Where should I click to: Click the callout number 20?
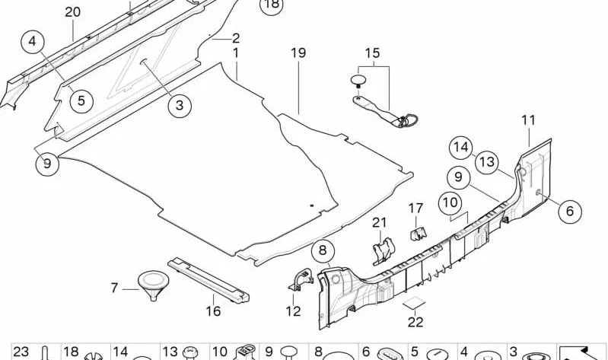click(x=72, y=12)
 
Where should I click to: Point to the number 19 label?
click(x=298, y=53)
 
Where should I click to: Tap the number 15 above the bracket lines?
click(x=373, y=53)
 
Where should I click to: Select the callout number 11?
click(x=528, y=120)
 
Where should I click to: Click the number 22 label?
click(x=415, y=322)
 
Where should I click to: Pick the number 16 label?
click(x=213, y=311)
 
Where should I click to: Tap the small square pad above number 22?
click(x=413, y=304)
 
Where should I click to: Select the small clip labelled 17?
click(x=418, y=233)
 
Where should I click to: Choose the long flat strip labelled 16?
click(x=209, y=279)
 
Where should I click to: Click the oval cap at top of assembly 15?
click(x=358, y=81)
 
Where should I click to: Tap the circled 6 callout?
click(x=570, y=211)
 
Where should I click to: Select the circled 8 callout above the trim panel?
click(x=323, y=250)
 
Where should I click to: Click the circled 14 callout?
click(x=461, y=148)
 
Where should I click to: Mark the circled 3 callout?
click(x=179, y=105)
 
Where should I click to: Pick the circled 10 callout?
click(x=450, y=202)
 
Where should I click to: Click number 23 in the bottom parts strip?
click(x=21, y=352)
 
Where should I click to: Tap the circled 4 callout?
click(x=33, y=41)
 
